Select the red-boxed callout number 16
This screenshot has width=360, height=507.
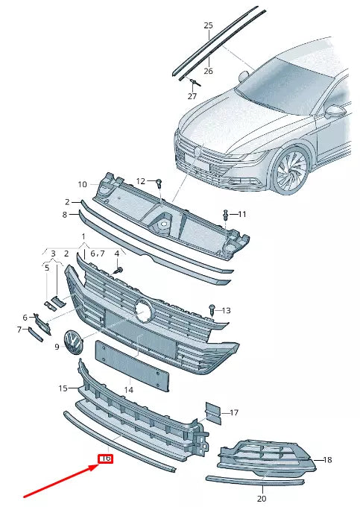pyautogui.click(x=105, y=459)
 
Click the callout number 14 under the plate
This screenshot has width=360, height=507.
pyautogui.click(x=129, y=389)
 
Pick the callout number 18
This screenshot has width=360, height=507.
pyautogui.click(x=327, y=461)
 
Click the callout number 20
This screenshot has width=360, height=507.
pyautogui.click(x=261, y=498)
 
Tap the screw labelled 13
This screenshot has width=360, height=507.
pyautogui.click(x=212, y=307)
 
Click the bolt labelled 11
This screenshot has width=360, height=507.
pyautogui.click(x=225, y=215)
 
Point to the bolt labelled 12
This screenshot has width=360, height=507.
pyautogui.click(x=159, y=182)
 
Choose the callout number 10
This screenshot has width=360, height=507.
pyautogui.click(x=83, y=184)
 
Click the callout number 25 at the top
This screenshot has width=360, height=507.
pyautogui.click(x=209, y=25)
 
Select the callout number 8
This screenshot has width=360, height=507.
pyautogui.click(x=65, y=215)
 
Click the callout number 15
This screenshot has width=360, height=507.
pyautogui.click(x=63, y=388)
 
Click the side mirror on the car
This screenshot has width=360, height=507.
pyautogui.click(x=337, y=111)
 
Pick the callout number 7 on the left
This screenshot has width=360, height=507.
pyautogui.click(x=20, y=330)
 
